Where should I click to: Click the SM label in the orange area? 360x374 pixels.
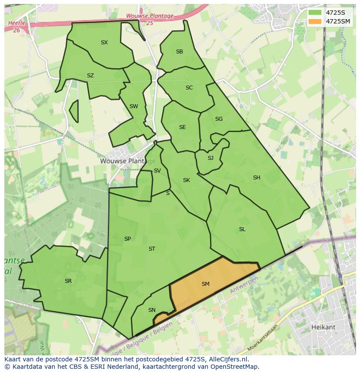tap(206, 284)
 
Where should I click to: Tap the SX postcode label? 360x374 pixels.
tap(104, 43)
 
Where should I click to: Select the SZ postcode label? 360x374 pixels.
tap(90, 76)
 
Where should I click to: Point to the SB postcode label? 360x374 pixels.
tap(180, 52)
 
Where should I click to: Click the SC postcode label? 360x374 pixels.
tap(189, 88)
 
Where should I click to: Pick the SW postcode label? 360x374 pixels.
tap(134, 106)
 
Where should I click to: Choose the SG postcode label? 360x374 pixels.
tap(219, 119)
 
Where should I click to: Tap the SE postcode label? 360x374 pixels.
tap(183, 127)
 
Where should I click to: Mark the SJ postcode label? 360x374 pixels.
tap(210, 158)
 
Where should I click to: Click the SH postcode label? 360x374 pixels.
tap(257, 178)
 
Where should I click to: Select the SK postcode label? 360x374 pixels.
tap(187, 180)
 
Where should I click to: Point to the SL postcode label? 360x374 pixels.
tap(242, 229)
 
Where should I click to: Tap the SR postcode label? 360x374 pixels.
tap(68, 281)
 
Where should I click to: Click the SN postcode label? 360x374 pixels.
tap(152, 310)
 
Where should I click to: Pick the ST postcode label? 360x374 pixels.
tap(152, 249)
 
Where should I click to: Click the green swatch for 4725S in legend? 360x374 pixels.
tap(315, 13)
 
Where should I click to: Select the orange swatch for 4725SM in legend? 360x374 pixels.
tap(315, 21)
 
